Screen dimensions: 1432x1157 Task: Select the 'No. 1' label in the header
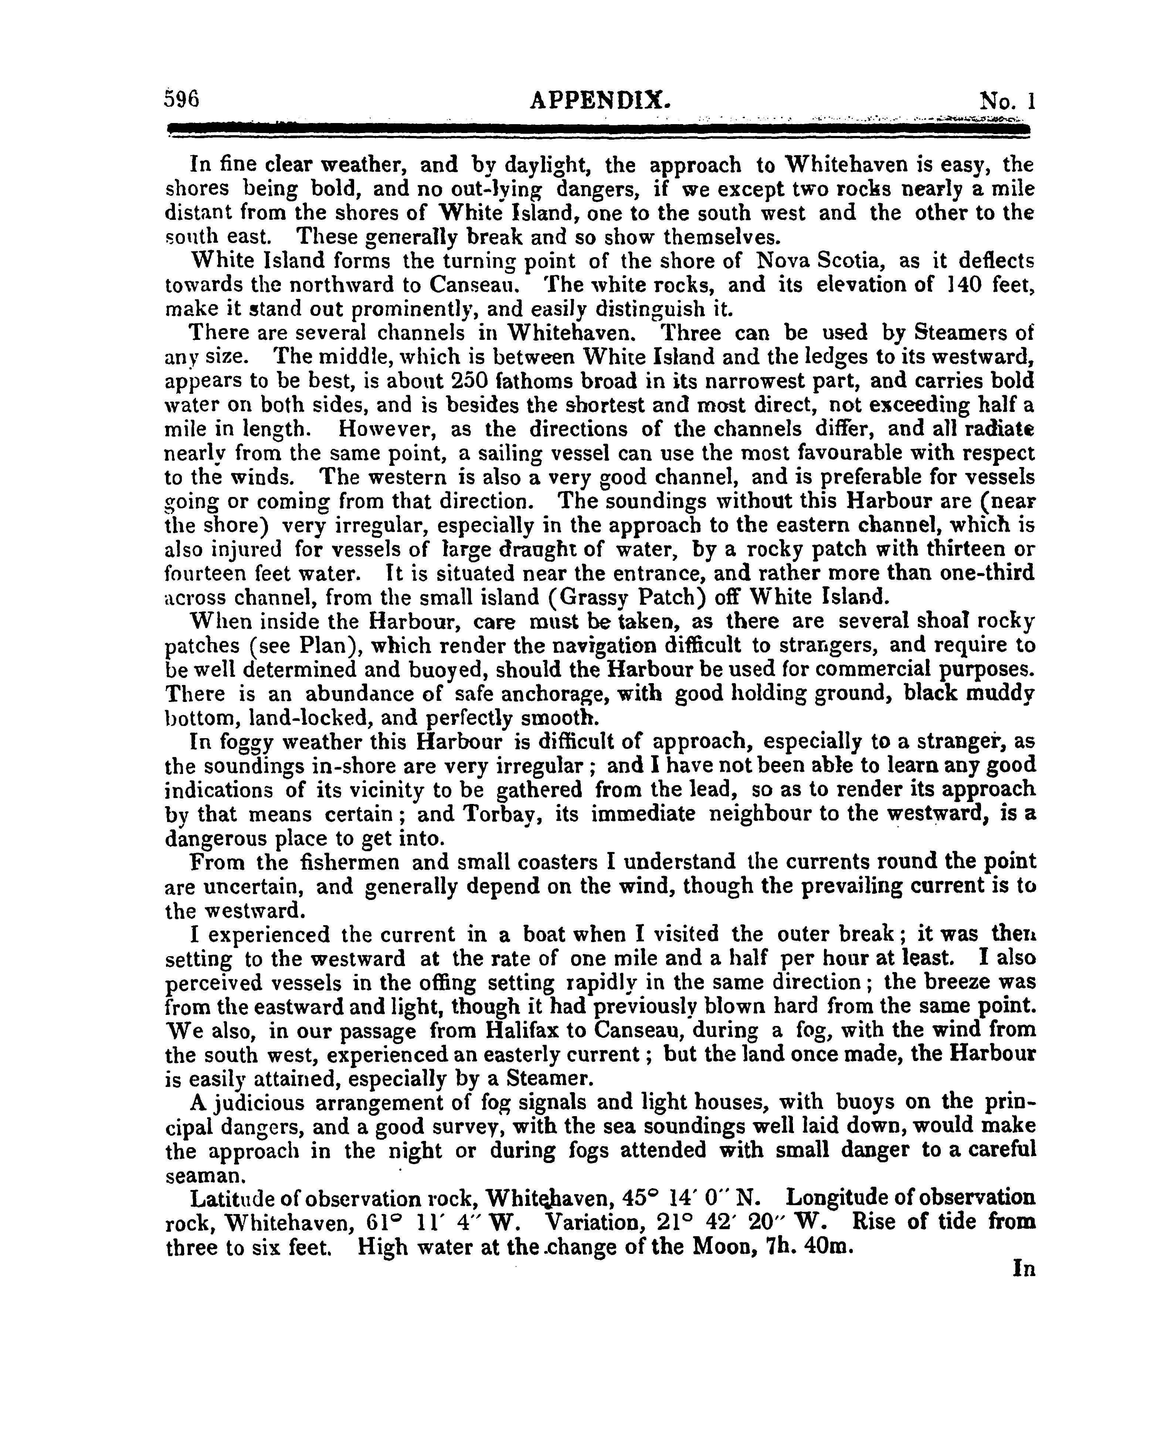coord(1007,101)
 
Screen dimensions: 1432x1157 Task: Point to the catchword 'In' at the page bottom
coord(1024,1269)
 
